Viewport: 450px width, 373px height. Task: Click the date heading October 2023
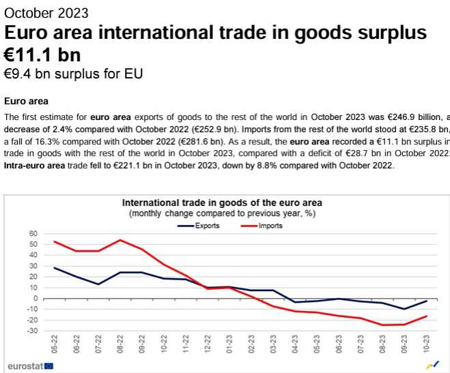tap(46, 13)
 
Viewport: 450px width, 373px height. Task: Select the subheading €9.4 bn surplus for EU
tap(73, 73)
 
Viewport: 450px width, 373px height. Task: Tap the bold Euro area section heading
tap(26, 101)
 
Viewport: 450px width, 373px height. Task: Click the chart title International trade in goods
tap(221, 203)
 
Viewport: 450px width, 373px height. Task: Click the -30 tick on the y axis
tap(31, 331)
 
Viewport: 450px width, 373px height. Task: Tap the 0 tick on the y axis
tap(34, 298)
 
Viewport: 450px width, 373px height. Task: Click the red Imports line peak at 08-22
tap(120, 240)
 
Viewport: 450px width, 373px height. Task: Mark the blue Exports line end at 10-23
tap(427, 301)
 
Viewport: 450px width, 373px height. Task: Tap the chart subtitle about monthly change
tap(221, 213)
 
